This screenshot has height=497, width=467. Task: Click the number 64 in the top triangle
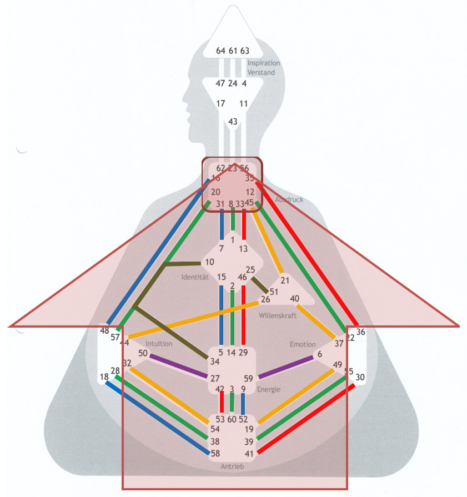[x=220, y=51]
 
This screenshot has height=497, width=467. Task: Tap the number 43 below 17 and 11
[x=233, y=122]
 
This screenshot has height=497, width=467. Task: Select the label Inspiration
[x=264, y=63]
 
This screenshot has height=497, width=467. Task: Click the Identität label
[x=194, y=277]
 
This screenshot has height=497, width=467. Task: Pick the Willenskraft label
[x=278, y=315]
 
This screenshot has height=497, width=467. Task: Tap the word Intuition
[x=159, y=343]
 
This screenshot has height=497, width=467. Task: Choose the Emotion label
[x=303, y=344]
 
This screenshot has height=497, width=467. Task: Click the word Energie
[x=268, y=389]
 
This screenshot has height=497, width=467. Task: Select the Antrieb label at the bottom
[x=232, y=466]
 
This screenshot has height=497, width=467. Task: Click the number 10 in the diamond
[x=209, y=262]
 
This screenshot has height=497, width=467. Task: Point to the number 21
[x=285, y=280]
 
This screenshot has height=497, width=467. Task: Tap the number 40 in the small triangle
[x=295, y=299]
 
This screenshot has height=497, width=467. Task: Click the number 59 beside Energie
[x=248, y=379]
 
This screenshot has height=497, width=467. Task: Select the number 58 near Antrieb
[x=215, y=454]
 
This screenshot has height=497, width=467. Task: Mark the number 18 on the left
[x=104, y=377]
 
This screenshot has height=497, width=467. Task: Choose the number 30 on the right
[x=360, y=377]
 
